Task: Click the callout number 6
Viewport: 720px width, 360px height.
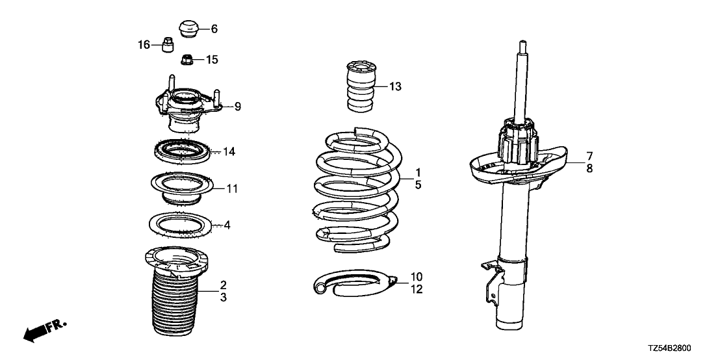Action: point(214,29)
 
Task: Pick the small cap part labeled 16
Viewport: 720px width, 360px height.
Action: point(167,45)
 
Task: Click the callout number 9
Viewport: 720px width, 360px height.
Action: point(238,106)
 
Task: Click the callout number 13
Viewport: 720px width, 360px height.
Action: point(396,86)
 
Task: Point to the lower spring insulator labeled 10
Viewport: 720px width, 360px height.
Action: point(354,283)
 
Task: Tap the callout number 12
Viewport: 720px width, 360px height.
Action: point(417,290)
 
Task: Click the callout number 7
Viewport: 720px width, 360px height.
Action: point(589,156)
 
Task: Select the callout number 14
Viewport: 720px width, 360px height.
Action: point(229,152)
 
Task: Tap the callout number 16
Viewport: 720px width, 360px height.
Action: point(144,45)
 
